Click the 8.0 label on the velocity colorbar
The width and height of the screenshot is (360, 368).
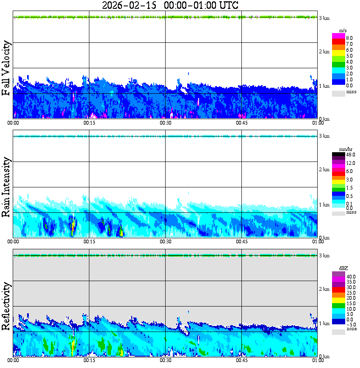(x=349, y=38)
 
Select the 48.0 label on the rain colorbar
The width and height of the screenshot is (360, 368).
(x=350, y=155)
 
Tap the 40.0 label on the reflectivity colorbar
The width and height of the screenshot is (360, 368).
(x=350, y=276)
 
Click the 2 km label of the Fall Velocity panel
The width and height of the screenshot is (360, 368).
(x=324, y=52)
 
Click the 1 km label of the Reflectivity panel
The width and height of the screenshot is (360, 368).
(x=324, y=323)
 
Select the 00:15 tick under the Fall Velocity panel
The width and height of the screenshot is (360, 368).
(x=89, y=123)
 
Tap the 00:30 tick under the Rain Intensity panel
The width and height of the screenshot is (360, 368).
(x=165, y=241)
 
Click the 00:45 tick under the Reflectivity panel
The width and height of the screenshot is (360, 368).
(x=241, y=360)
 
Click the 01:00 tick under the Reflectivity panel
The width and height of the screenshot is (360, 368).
(x=318, y=360)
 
